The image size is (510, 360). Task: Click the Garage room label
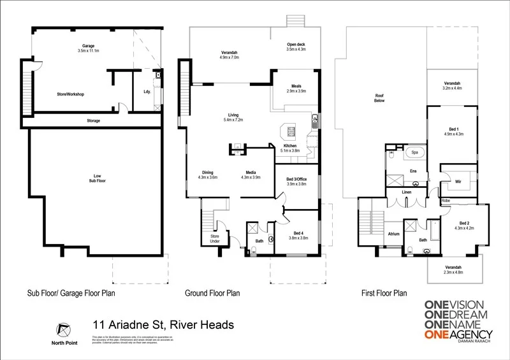coord(88,46)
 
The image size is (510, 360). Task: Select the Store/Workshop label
coord(71,94)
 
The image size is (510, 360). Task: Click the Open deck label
coord(296,44)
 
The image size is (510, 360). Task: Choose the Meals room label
coord(296,86)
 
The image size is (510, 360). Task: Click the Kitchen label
coord(290,146)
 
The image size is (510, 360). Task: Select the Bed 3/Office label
coord(296,178)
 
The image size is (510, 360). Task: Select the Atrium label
coord(394,234)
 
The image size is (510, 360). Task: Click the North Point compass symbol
coord(62,329)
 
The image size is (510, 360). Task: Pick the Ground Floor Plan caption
coord(212,294)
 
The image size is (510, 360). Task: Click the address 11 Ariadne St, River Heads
coord(163,325)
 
